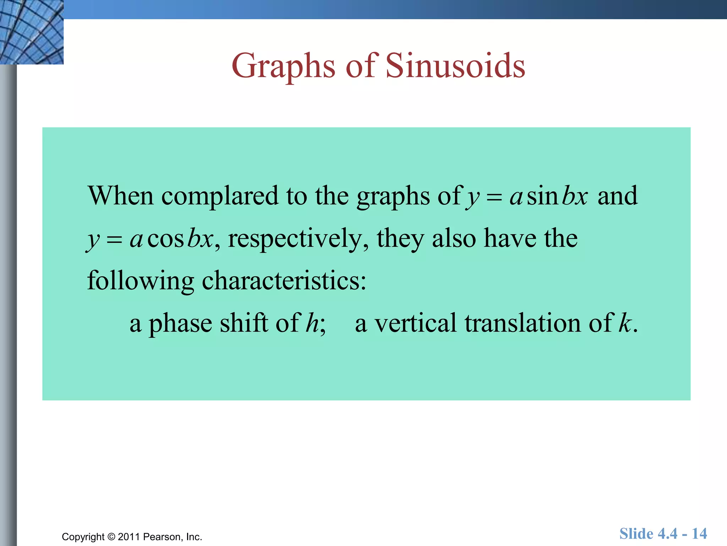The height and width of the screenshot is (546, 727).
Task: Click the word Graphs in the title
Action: tap(283, 66)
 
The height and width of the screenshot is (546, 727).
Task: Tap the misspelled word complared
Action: tap(220, 196)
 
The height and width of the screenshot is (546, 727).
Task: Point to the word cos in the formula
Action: tap(165, 239)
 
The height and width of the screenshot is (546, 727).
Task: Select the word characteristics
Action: tap(284, 281)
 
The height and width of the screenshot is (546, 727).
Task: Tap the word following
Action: tap(140, 281)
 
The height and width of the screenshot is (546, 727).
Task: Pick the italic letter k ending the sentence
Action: tap(625, 323)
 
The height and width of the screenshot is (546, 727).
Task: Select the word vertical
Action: tap(415, 323)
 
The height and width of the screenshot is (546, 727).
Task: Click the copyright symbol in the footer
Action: tap(111, 537)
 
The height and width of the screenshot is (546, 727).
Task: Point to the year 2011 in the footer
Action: tap(129, 537)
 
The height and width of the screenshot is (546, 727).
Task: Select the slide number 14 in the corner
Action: tap(699, 534)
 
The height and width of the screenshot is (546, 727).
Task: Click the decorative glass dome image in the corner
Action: tap(31, 32)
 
